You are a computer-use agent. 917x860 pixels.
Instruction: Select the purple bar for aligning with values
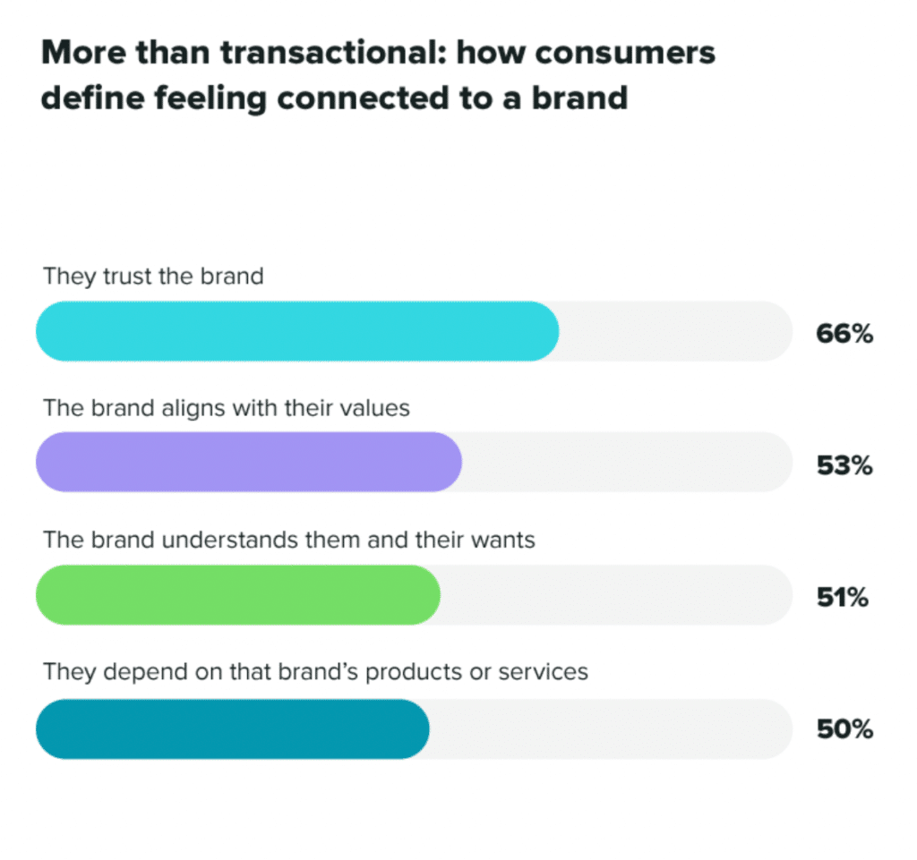pos(249,462)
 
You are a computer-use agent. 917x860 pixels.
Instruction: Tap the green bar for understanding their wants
pos(238,594)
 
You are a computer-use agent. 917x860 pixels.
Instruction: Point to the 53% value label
pos(844,465)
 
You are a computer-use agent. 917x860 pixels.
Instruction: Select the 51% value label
pos(842,597)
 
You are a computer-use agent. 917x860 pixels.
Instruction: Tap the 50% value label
pos(844,729)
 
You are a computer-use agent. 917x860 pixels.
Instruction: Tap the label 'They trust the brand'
pos(153,276)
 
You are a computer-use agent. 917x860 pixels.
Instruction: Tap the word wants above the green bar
pos(501,540)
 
